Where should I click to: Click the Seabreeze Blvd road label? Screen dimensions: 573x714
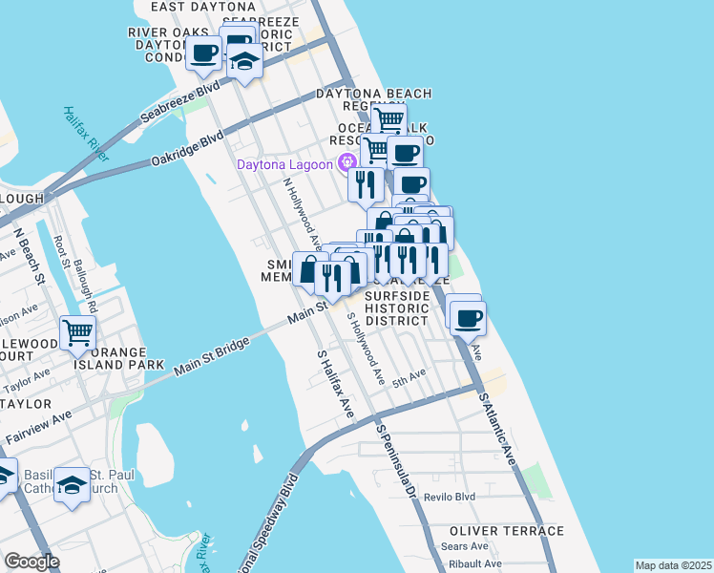pyautogui.click(x=180, y=104)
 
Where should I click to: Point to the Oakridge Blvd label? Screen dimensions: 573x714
pyautogui.click(x=186, y=149)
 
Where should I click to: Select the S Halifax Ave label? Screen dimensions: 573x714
pyautogui.click(x=335, y=383)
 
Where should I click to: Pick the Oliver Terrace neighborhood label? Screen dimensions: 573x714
pyautogui.click(x=508, y=531)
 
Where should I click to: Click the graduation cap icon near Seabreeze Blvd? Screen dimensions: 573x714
pyautogui.click(x=244, y=61)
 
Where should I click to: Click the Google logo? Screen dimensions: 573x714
pyautogui.click(x=32, y=561)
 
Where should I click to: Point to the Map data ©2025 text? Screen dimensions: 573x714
pyautogui.click(x=672, y=565)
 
